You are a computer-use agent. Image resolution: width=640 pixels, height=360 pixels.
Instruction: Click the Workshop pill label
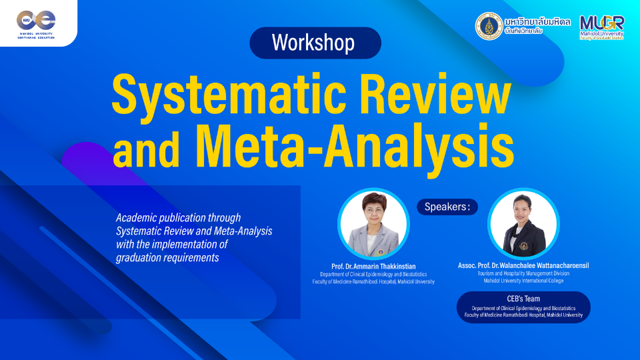tap(315, 43)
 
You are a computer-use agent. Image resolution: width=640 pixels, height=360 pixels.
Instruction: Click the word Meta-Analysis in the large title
tap(354, 144)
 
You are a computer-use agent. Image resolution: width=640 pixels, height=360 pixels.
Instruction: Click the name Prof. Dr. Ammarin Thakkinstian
tap(373, 265)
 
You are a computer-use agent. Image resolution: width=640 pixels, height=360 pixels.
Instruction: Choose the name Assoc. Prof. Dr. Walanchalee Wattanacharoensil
tap(523, 265)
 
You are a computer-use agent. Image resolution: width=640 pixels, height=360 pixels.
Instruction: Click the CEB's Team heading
tap(523, 299)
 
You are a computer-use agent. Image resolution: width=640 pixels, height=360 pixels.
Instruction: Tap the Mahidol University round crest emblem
tap(489, 26)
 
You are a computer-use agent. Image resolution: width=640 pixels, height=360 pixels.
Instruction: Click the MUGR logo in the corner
tap(602, 26)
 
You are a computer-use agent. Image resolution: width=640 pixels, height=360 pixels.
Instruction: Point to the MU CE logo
tap(37, 20)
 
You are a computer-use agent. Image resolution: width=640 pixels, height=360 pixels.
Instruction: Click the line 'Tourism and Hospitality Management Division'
tap(523, 273)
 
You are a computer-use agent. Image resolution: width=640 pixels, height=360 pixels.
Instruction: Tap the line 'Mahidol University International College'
tap(523, 281)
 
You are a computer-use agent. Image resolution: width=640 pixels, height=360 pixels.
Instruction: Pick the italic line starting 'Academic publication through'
tap(178, 218)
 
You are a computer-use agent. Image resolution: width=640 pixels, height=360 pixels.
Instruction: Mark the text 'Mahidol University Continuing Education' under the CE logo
tap(37, 35)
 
